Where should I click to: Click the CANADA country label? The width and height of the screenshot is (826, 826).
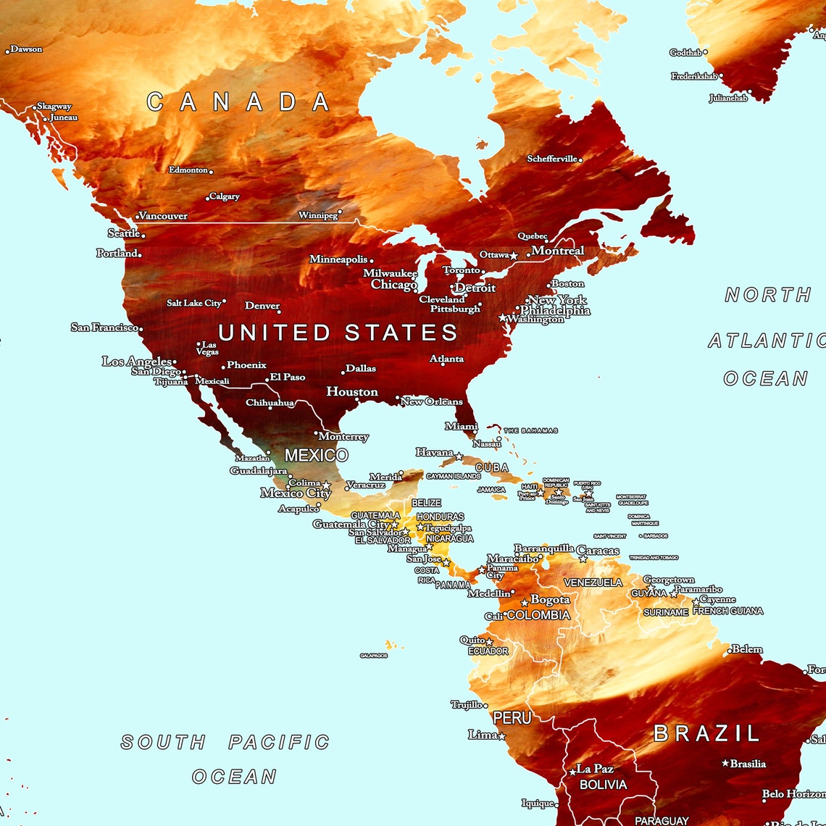[238, 101]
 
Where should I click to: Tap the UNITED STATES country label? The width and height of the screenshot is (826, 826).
[338, 333]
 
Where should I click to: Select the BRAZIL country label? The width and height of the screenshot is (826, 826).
[706, 733]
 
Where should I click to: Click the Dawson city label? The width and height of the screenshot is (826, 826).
[27, 49]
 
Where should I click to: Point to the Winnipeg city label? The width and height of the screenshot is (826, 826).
[317, 215]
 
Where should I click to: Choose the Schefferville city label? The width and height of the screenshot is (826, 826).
[552, 159]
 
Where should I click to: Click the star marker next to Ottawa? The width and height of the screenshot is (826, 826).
[514, 256]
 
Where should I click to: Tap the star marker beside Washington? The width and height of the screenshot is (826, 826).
[502, 318]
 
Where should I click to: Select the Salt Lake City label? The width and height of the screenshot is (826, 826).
[193, 303]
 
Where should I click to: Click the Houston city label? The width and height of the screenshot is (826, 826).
[352, 392]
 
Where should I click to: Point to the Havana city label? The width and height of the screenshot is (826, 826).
[434, 453]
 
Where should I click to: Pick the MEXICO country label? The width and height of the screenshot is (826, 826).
[316, 456]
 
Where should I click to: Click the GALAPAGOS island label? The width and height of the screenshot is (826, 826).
[374, 656]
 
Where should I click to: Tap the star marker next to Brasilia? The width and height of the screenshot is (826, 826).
[725, 763]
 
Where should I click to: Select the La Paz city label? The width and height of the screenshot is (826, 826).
[595, 769]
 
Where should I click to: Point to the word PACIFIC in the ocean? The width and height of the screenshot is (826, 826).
[279, 743]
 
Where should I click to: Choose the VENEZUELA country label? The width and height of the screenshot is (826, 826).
[593, 583]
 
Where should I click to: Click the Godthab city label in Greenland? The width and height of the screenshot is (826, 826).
[685, 53]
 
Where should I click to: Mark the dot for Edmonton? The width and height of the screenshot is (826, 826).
[211, 172]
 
